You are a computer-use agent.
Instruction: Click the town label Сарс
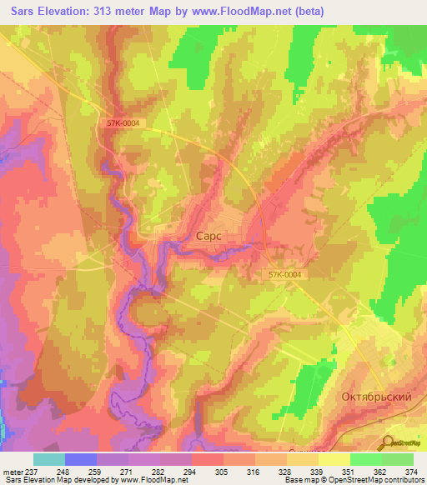[x=208, y=236]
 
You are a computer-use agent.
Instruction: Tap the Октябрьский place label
[x=377, y=397]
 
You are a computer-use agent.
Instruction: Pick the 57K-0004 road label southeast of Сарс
[x=285, y=274]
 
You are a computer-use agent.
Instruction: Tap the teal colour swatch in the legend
[x=49, y=458]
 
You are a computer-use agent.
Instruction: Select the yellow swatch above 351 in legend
[x=334, y=458]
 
